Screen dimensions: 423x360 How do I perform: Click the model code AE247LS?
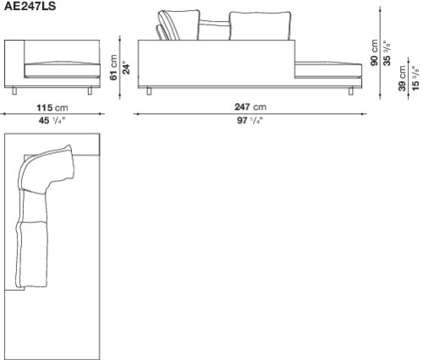click(x=30, y=6)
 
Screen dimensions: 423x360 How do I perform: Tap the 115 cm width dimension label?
click(x=52, y=107)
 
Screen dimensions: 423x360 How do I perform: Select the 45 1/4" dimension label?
click(x=52, y=121)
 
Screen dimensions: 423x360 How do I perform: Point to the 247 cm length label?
click(x=250, y=106)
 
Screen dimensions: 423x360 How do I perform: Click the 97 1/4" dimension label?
click(x=250, y=121)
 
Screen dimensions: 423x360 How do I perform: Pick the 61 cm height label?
click(x=113, y=68)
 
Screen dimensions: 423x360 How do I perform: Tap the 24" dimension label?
click(x=127, y=68)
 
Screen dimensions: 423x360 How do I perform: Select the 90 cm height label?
click(x=374, y=52)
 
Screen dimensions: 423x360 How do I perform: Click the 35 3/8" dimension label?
click(x=387, y=53)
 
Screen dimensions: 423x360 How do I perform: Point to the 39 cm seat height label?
click(x=403, y=79)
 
